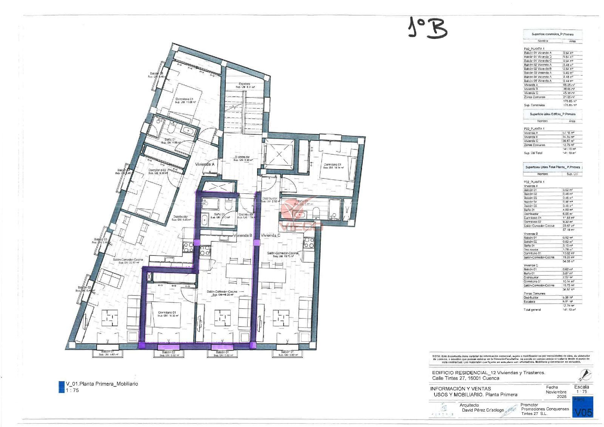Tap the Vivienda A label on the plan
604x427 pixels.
(x=205, y=165)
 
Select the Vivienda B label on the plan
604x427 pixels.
(x=243, y=235)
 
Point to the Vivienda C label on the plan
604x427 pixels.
(x=270, y=235)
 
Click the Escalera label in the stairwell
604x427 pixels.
(x=245, y=84)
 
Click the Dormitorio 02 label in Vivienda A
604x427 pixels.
(x=157, y=170)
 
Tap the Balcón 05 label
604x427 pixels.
(x=156, y=74)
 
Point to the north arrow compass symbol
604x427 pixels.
(x=585, y=375)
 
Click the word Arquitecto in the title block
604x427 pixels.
(x=469, y=405)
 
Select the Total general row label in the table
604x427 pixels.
(x=532, y=310)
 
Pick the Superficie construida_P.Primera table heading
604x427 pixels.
(x=552, y=34)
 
